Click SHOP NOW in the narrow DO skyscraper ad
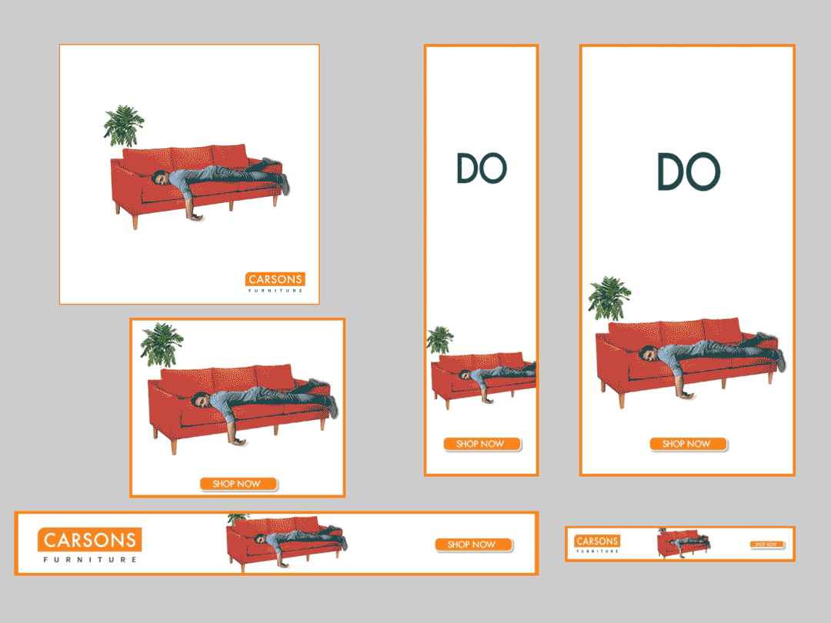click(482, 444)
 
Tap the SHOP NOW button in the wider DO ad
click(688, 444)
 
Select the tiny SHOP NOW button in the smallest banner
click(766, 544)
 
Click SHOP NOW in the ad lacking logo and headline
click(239, 484)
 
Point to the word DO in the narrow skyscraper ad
click(481, 168)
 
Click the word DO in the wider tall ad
click(689, 171)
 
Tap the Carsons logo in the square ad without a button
click(275, 282)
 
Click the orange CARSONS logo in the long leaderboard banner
click(89, 540)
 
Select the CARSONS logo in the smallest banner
click(597, 541)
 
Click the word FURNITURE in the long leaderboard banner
click(90, 559)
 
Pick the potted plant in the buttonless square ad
click(123, 126)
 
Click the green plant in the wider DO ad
click(609, 298)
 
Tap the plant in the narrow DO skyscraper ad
click(440, 340)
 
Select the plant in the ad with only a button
click(162, 345)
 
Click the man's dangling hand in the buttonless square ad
click(195, 216)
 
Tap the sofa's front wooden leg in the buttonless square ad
click(135, 221)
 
